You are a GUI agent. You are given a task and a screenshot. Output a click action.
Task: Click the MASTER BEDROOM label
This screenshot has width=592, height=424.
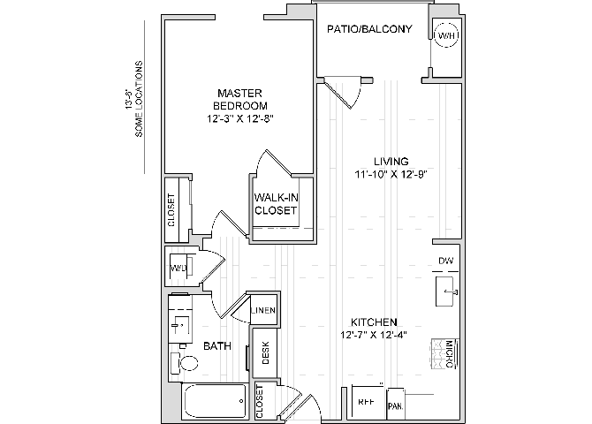click(238, 99)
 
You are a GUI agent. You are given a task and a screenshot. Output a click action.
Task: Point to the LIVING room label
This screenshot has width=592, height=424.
click(391, 162)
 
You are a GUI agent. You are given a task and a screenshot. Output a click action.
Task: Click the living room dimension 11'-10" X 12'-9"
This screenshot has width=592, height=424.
click(391, 175)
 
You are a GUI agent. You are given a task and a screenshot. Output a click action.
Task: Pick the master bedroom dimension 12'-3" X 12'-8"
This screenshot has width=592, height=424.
click(238, 117)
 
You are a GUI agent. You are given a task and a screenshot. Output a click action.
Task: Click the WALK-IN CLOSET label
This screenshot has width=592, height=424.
click(276, 204)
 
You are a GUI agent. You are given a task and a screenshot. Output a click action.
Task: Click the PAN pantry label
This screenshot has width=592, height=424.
click(395, 405)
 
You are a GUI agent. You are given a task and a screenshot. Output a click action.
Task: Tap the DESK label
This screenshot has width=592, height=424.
click(266, 352)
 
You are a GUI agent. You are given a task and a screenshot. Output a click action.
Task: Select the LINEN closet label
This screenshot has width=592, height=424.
click(263, 311)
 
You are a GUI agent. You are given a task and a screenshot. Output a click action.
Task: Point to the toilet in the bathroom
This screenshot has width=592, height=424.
click(188, 362)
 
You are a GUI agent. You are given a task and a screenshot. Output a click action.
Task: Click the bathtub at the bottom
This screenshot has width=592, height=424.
click(216, 403)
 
